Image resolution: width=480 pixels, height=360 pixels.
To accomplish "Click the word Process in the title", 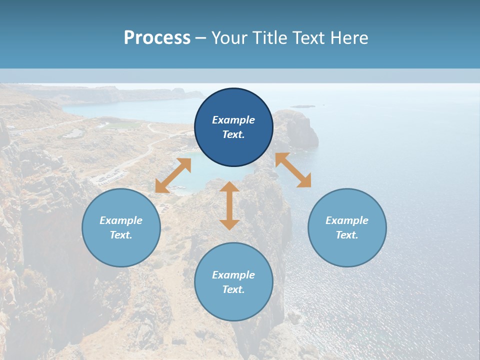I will click(157, 38).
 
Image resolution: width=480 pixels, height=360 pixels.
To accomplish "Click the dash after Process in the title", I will click(200, 38).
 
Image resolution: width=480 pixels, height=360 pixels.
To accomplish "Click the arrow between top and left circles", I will click(173, 175).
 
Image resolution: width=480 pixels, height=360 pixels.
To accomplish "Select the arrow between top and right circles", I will click(293, 170).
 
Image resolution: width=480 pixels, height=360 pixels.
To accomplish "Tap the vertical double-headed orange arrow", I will click(229, 205).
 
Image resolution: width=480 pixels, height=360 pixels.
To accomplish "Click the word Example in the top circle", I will click(233, 120).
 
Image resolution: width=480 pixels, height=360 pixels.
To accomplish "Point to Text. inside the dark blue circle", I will click(233, 134).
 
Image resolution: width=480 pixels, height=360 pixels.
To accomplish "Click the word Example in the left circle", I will click(121, 220).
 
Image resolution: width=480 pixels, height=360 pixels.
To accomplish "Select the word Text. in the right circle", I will click(347, 235).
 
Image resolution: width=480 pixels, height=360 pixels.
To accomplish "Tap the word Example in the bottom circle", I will click(233, 275).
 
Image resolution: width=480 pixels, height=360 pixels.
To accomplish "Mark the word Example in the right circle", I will click(347, 220).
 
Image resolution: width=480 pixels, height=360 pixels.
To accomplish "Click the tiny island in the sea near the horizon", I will click(303, 106).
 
